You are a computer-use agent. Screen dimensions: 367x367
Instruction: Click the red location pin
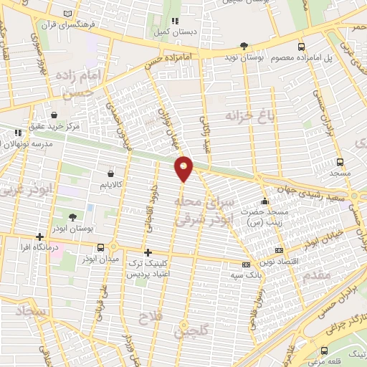[184, 168]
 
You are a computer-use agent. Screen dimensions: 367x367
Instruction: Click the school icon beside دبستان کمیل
[174, 21]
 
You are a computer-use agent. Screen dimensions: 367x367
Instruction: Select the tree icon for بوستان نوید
[244, 44]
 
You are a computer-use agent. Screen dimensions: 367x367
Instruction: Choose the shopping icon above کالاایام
[110, 172]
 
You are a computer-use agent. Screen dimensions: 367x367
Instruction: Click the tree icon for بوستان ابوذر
[74, 216]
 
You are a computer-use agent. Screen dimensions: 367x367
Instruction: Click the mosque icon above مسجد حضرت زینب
[266, 201]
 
